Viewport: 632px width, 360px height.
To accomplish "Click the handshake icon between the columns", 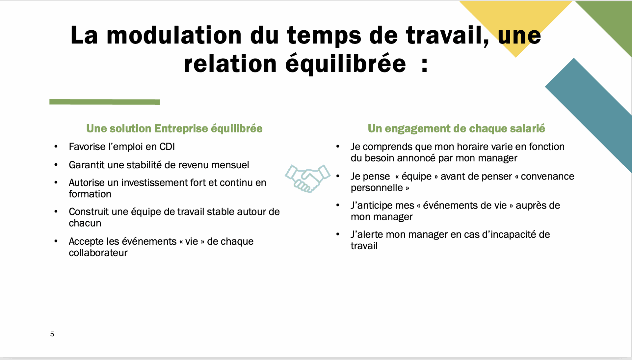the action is click(x=307, y=179).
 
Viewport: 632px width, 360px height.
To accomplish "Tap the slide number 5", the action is click(x=52, y=334).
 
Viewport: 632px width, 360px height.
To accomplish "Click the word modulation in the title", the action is click(x=174, y=35).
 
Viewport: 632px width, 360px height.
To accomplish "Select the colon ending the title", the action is click(x=425, y=64).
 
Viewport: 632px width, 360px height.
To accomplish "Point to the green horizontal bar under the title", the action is click(x=105, y=102).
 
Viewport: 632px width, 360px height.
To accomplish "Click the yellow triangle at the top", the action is click(x=516, y=26).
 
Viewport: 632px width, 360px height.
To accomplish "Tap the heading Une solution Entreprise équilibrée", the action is click(x=174, y=128).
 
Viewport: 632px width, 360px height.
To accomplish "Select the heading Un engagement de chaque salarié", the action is click(x=456, y=128).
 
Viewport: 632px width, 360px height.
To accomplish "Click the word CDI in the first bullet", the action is click(x=167, y=147).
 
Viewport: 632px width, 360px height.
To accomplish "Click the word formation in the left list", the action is click(x=90, y=194).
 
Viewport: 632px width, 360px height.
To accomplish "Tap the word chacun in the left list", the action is click(x=85, y=223).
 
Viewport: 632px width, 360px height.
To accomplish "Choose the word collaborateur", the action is click(x=98, y=253).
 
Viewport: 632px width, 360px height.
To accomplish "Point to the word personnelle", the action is click(x=377, y=188).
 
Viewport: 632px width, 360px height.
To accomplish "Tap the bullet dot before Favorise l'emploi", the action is click(x=56, y=147).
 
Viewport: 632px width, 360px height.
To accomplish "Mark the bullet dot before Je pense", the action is click(x=338, y=176).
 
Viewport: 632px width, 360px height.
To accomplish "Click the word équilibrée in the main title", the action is click(x=346, y=64).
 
